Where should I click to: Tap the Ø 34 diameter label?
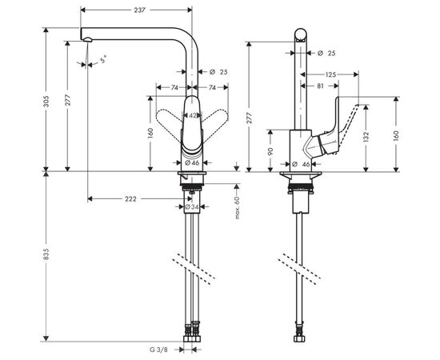pyautogui.click(x=191, y=207)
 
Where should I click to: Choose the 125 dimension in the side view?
pyautogui.click(x=330, y=72)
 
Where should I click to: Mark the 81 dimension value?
pyautogui.click(x=320, y=85)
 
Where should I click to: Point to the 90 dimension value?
pyautogui.click(x=271, y=150)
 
